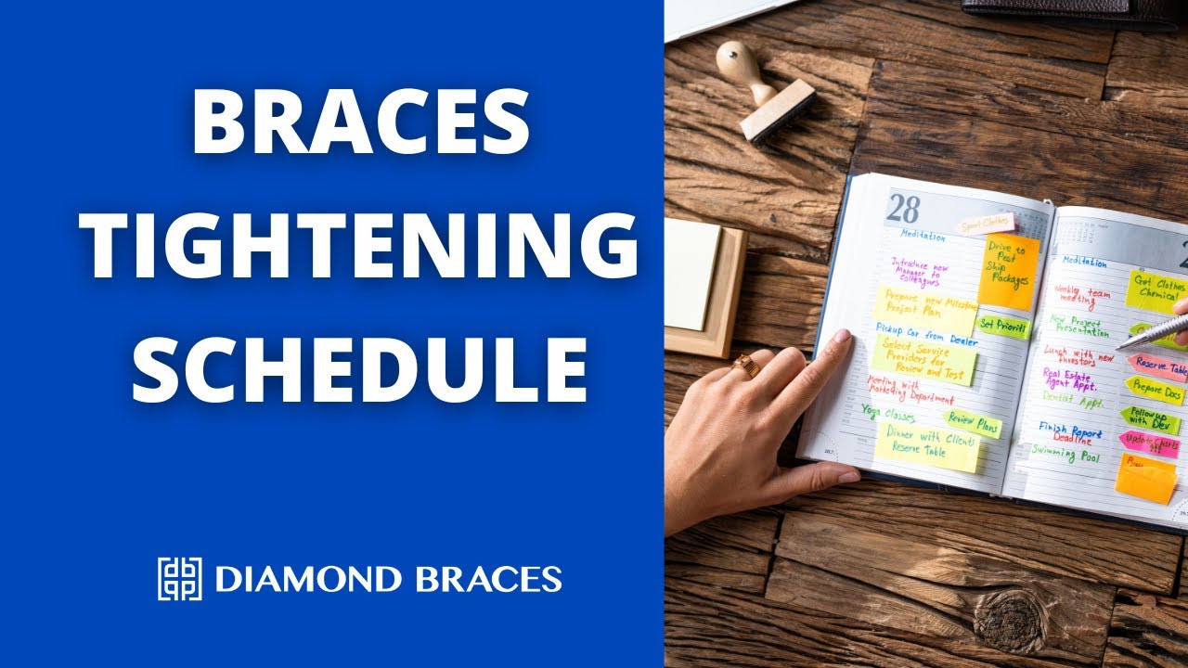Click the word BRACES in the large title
pyautogui.click(x=361, y=122)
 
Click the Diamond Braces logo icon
pyautogui.click(x=179, y=579)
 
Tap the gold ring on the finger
pyautogui.click(x=745, y=365)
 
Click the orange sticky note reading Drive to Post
pyautogui.click(x=1008, y=270)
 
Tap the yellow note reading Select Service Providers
pyautogui.click(x=924, y=359)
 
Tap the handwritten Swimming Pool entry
pyautogui.click(x=1065, y=455)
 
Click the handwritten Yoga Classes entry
pyautogui.click(x=888, y=411)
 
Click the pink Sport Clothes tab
pyautogui.click(x=986, y=224)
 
